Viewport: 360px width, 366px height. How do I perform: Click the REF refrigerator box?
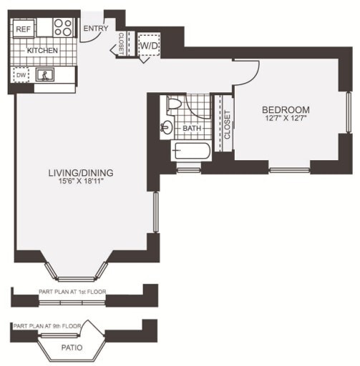pos(24,29)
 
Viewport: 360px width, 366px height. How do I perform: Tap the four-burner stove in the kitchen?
pos(64,27)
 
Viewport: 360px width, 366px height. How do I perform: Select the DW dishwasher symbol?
pos(21,75)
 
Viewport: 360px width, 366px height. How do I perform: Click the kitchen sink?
pos(45,74)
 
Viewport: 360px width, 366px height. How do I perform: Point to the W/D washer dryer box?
pos(149,45)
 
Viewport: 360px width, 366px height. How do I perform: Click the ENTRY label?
pos(96,29)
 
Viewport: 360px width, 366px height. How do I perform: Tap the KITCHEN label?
pos(42,51)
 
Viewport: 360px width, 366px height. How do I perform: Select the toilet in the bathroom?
pos(174,103)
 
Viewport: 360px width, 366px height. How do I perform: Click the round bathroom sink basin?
pos(167,127)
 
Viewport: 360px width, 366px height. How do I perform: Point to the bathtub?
pos(191,151)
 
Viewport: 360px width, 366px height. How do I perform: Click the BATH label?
pos(192,128)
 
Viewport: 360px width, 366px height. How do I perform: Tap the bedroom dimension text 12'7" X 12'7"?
pos(286,118)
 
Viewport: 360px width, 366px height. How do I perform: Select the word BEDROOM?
pos(286,109)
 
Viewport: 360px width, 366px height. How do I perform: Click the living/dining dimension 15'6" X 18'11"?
pos(81,181)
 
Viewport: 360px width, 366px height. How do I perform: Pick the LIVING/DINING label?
pos(81,173)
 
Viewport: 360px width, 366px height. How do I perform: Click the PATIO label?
pos(72,347)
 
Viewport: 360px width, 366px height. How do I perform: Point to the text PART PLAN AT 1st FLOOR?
pos(72,292)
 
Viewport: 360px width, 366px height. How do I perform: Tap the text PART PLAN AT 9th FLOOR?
pos(47,326)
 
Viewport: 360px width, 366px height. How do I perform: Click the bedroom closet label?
pos(228,124)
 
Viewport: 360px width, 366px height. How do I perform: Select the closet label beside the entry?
pos(121,44)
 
